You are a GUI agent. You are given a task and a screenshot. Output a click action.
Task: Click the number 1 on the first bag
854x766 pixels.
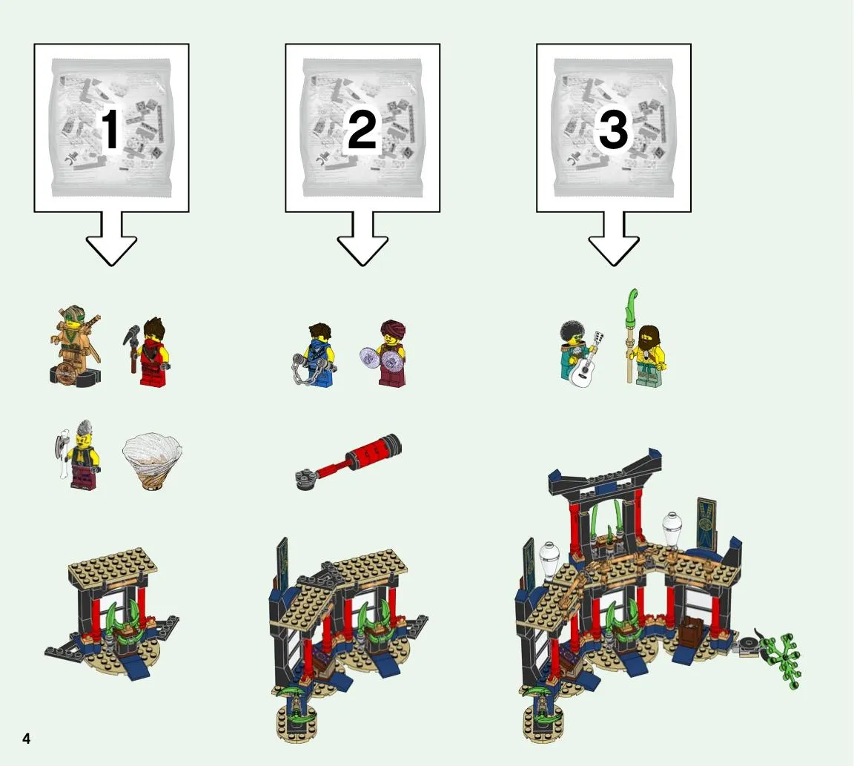coord(110,129)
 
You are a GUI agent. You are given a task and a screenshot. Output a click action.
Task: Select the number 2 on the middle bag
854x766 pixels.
coord(363,129)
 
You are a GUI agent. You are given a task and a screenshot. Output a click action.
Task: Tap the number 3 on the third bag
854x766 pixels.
coord(613,129)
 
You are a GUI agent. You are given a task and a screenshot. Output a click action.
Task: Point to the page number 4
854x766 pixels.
coord(26,739)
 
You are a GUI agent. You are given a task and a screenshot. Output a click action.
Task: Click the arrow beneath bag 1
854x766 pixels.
coord(111,239)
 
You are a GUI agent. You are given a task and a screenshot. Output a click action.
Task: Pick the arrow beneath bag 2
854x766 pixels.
coord(363,239)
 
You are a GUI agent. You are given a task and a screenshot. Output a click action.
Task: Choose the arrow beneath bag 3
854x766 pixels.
coord(614,239)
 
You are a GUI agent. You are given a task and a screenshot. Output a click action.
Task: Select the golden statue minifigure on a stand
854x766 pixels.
coord(75,347)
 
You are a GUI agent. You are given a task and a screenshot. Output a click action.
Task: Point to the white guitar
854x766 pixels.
coord(585,361)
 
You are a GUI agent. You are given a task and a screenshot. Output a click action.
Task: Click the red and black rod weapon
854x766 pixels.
coord(348,461)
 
